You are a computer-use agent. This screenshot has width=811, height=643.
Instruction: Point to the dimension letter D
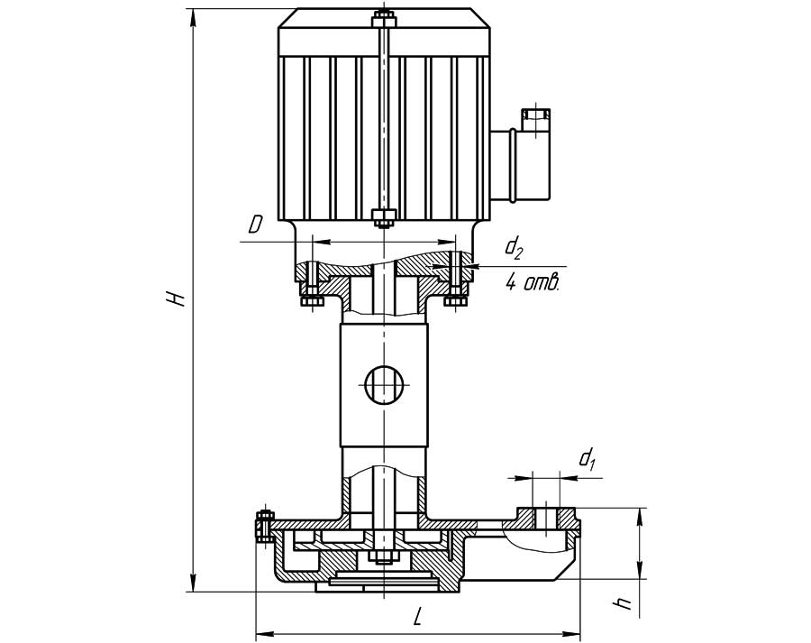(256, 226)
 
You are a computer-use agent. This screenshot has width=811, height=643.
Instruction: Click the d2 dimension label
(515, 245)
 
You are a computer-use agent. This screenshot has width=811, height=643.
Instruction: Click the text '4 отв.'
(532, 283)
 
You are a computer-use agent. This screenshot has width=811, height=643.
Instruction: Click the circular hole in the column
(384, 386)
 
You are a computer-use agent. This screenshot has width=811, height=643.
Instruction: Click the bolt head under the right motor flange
(454, 300)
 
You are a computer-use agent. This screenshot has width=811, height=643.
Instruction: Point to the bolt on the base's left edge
(265, 525)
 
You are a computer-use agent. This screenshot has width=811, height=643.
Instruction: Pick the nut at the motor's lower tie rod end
(383, 216)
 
